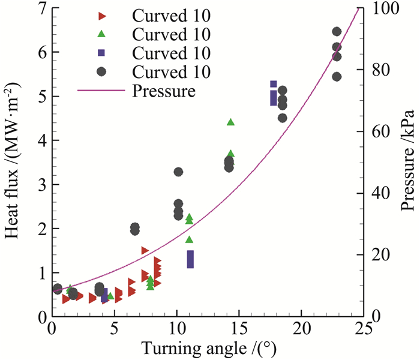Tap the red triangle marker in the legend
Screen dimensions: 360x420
pyautogui.click(x=101, y=14)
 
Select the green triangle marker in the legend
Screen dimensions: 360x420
pyautogui.click(x=101, y=33)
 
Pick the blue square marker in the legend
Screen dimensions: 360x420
pyautogui.click(x=101, y=53)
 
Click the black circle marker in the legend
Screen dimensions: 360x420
pyautogui.click(x=101, y=72)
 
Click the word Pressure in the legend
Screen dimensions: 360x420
pyautogui.click(x=163, y=92)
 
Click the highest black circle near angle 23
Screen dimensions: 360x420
pyautogui.click(x=337, y=32)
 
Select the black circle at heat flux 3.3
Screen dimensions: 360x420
pyautogui.click(x=178, y=172)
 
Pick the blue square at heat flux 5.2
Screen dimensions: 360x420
pyautogui.click(x=274, y=85)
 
